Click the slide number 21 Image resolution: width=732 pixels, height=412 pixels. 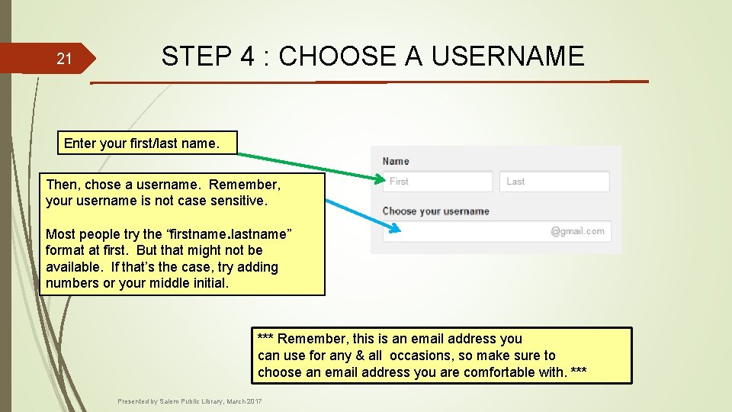(x=65, y=59)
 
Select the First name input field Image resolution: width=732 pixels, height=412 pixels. (x=437, y=182)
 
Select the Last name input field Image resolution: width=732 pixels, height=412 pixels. (x=555, y=182)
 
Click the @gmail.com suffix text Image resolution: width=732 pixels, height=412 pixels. (x=577, y=231)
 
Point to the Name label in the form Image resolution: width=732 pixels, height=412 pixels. (x=396, y=161)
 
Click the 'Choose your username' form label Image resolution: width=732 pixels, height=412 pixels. (x=435, y=211)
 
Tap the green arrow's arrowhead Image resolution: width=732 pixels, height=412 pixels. (x=380, y=180)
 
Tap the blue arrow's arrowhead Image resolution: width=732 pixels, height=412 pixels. (x=393, y=227)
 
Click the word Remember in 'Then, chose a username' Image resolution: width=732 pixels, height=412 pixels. (x=244, y=185)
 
